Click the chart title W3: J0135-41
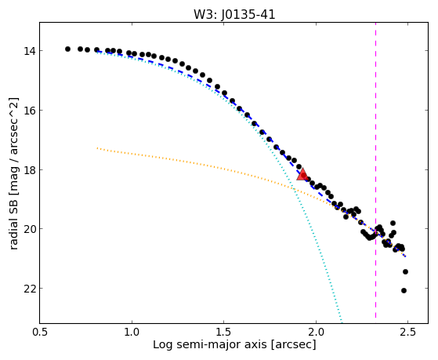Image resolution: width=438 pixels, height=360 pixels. pos(234,15)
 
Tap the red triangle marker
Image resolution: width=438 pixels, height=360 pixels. pos(302,174)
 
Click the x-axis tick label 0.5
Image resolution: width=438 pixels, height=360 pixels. pos(40,332)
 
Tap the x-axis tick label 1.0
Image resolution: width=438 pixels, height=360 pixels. pos(132,332)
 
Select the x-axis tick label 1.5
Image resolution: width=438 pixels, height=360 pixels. pos(224,332)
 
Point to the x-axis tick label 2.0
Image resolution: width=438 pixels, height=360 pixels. pos(316,332)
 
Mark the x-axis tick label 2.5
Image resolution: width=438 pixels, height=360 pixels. pos(407,332)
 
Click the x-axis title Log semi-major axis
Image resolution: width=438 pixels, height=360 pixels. pos(210,344)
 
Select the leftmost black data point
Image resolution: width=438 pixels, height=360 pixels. pos(67,49)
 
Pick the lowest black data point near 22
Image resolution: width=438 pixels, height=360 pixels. pos(404,291)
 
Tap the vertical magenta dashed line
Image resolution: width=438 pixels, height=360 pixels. pos(375,170)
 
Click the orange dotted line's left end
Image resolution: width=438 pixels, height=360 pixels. pos(97,148)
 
